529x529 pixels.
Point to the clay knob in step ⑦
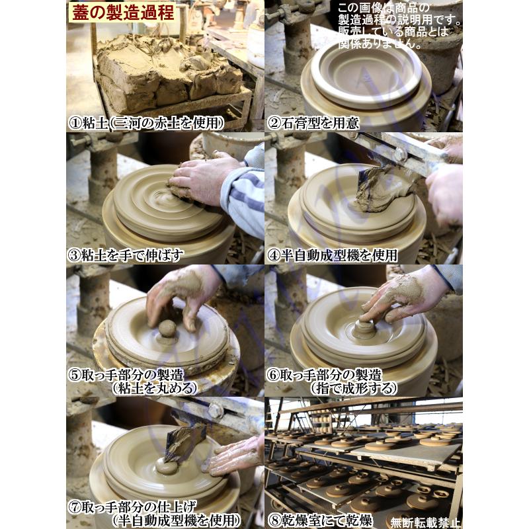point(165,466)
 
